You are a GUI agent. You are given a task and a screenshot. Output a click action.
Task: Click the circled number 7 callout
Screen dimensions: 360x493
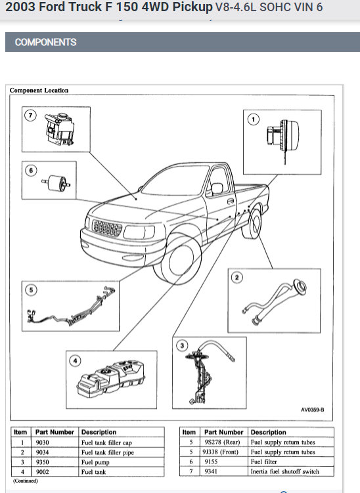pyautogui.click(x=30, y=115)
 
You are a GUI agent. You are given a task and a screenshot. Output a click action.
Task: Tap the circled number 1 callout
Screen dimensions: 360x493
pyautogui.click(x=254, y=119)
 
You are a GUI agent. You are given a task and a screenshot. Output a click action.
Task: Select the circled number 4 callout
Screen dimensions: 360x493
pyautogui.click(x=75, y=360)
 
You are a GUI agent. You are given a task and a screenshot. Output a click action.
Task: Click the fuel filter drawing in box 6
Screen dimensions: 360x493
pyautogui.click(x=56, y=182)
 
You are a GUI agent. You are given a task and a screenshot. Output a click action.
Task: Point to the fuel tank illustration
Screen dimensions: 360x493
pyautogui.click(x=111, y=378)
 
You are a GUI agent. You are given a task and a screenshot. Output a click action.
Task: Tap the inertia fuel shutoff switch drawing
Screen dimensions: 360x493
pyautogui.click(x=60, y=129)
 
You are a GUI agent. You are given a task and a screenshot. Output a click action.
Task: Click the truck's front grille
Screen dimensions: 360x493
pyautogui.click(x=107, y=228)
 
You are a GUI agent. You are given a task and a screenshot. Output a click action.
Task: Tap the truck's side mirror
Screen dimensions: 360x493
pyautogui.click(x=217, y=188)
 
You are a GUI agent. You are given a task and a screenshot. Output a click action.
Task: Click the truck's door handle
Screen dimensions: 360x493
pyautogui.click(x=231, y=201)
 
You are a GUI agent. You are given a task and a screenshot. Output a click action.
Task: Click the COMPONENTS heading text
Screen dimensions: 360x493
pyautogui.click(x=45, y=42)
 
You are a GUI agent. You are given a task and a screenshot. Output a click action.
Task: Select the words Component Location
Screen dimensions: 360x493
pyautogui.click(x=39, y=90)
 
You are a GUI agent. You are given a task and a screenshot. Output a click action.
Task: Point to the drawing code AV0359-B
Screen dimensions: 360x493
pyautogui.click(x=312, y=410)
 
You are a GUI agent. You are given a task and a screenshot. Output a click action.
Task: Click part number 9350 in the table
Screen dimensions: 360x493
pyautogui.click(x=42, y=462)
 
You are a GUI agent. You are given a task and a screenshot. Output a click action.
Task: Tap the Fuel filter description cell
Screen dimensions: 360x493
pyautogui.click(x=263, y=461)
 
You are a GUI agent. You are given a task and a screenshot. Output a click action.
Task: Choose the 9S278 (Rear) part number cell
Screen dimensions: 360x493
pyautogui.click(x=222, y=442)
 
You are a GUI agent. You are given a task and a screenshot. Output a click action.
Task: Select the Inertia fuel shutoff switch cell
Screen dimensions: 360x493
pyautogui.click(x=285, y=471)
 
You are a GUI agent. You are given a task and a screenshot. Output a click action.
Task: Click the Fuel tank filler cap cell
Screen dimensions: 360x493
pyautogui.click(x=106, y=442)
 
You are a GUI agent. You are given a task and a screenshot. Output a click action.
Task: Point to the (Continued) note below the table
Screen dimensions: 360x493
pyautogui.click(x=25, y=481)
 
